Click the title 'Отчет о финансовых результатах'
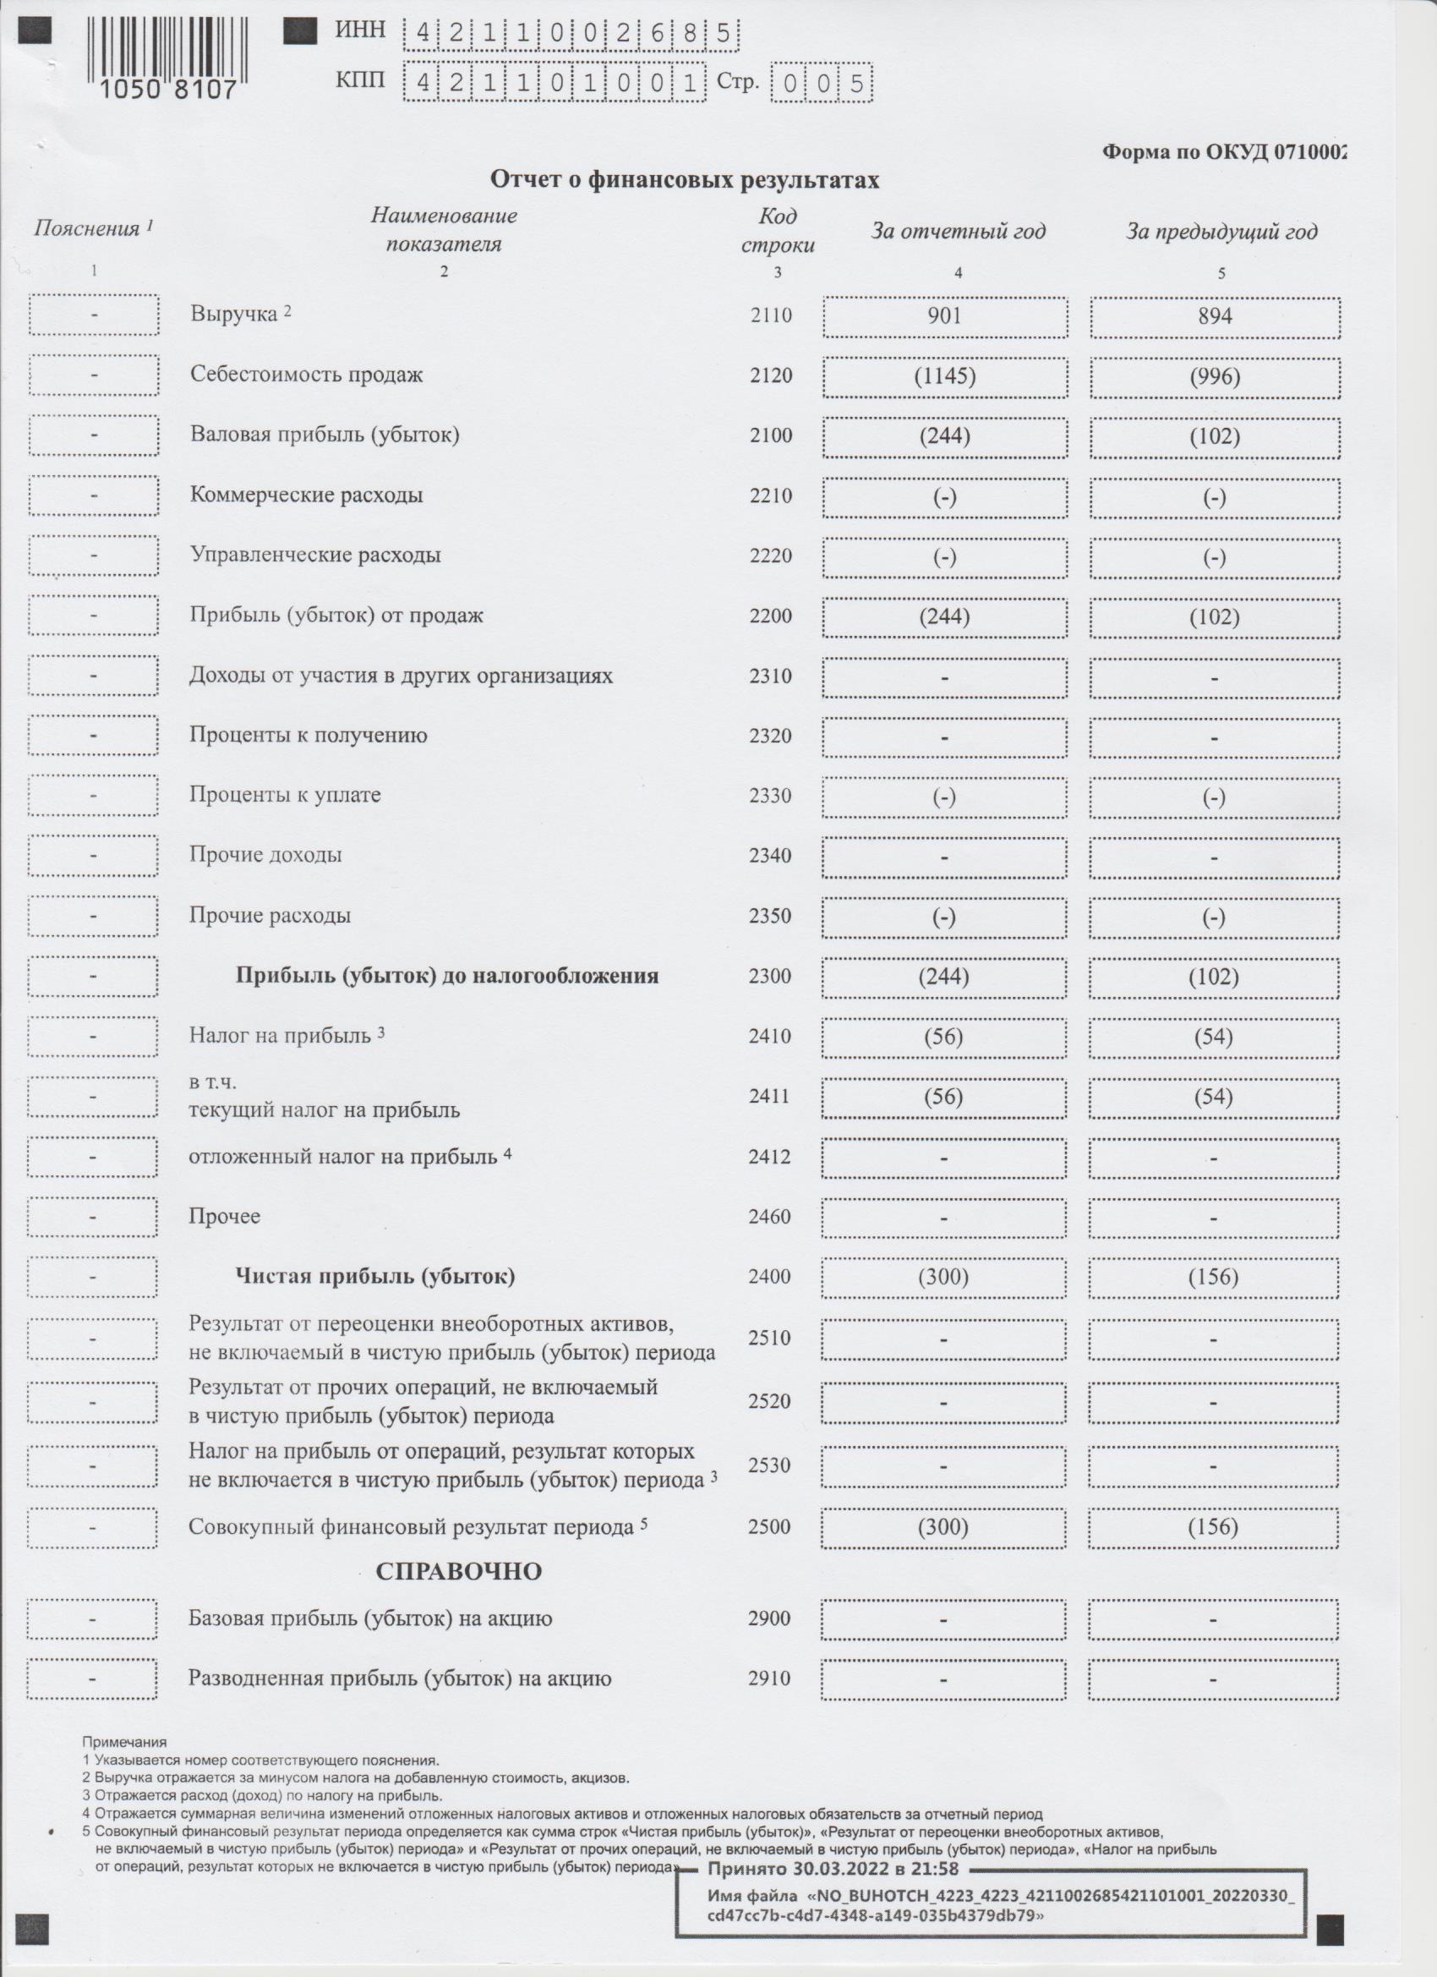click(684, 180)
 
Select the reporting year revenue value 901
click(945, 315)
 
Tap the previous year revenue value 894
click(1215, 315)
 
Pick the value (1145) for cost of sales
click(945, 376)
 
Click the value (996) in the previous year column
click(1215, 376)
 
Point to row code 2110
click(771, 315)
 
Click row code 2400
click(769, 1277)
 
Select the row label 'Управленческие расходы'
click(315, 556)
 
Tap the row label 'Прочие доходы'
click(265, 855)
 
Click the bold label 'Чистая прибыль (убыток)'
click(374, 1277)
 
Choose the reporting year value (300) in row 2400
click(943, 1278)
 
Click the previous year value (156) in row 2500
click(1213, 1527)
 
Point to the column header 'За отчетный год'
click(959, 232)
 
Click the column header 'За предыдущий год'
click(1221, 232)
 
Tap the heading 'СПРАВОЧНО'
click(458, 1572)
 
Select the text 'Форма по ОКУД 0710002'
click(1224, 152)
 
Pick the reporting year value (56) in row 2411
click(943, 1098)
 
